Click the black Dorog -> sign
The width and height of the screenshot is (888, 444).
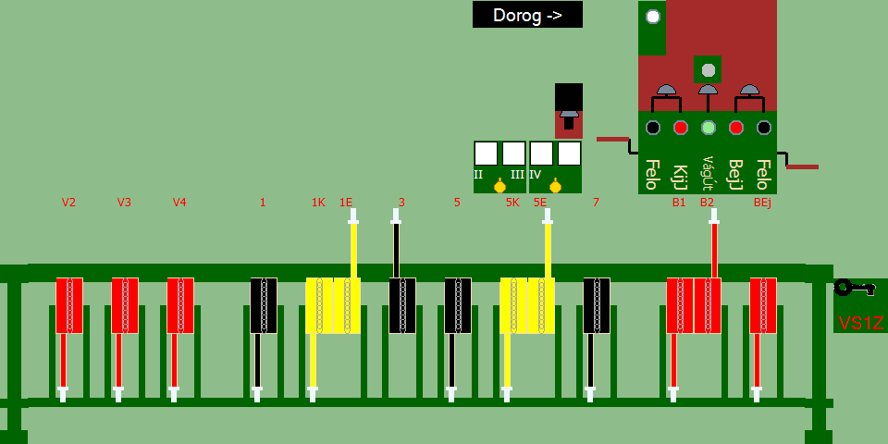(527, 15)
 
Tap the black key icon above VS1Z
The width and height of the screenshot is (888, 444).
(853, 288)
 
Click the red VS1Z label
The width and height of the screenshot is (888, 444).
(860, 323)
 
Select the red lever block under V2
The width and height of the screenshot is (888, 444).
(69, 305)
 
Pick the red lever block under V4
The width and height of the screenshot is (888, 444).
(180, 305)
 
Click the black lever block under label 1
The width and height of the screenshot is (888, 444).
(264, 305)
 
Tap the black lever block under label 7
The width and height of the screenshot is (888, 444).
(597, 305)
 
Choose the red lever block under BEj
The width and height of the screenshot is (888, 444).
(763, 305)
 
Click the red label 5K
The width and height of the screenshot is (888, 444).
(512, 203)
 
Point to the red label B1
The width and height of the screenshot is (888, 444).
(679, 203)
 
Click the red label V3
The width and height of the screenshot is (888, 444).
(124, 203)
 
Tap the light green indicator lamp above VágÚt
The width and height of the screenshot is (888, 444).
(709, 128)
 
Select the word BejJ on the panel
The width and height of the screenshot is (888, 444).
(736, 174)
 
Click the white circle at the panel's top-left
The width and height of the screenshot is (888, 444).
(653, 17)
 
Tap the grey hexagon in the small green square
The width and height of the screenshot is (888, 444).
(708, 69)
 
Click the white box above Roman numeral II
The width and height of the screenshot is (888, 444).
(486, 153)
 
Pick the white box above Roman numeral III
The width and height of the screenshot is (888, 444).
(513, 153)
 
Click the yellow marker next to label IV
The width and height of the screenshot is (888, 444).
(555, 187)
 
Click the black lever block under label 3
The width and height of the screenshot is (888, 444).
(402, 305)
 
